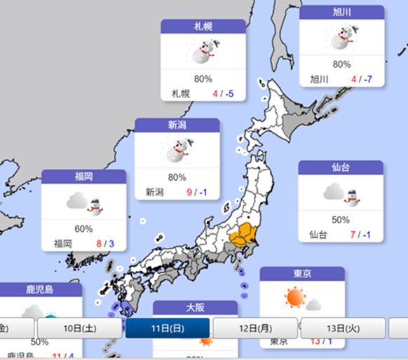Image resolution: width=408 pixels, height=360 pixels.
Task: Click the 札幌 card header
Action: (x=203, y=27)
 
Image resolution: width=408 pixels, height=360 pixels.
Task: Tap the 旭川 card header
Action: (x=341, y=13)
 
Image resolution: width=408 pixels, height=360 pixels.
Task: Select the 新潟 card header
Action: (x=177, y=125)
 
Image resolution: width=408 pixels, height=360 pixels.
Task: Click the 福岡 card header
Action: (x=83, y=176)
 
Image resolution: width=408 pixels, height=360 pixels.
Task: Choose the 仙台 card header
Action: (x=341, y=167)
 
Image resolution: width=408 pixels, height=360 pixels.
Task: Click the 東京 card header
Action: (x=302, y=273)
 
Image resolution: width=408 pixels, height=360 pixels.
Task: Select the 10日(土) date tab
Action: (x=79, y=328)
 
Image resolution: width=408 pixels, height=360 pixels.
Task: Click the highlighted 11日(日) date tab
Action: (x=168, y=328)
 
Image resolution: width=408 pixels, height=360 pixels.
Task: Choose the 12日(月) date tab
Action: (x=255, y=328)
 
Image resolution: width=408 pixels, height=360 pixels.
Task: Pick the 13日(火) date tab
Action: (x=343, y=328)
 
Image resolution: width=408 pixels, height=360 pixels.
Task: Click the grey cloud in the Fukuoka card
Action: (x=76, y=202)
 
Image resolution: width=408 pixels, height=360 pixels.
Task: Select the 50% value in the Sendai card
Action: (x=341, y=219)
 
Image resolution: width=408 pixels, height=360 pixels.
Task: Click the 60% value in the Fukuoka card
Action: (x=83, y=228)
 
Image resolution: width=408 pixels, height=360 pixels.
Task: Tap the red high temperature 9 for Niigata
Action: (x=189, y=191)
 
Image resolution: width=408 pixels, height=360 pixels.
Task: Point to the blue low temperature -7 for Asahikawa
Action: (x=368, y=79)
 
